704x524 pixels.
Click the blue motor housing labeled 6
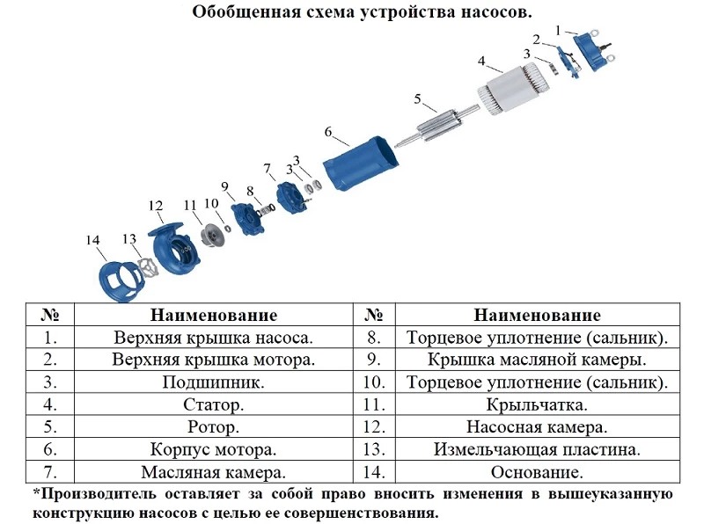click(x=362, y=164)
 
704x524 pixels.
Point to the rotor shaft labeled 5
click(x=437, y=125)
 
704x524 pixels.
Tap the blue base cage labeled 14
click(x=121, y=280)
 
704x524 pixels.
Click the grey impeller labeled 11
click(x=213, y=235)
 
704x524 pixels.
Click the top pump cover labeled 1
click(x=593, y=49)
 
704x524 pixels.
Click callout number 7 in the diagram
click(x=268, y=169)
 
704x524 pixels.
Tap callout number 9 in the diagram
click(x=224, y=186)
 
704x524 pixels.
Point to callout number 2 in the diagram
click(x=536, y=40)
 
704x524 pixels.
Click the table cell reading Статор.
click(x=213, y=404)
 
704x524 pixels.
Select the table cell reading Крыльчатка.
click(x=537, y=404)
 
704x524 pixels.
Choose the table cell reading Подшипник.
click(x=213, y=382)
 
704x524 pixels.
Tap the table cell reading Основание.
click(x=537, y=472)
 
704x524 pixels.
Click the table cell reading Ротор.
click(x=213, y=427)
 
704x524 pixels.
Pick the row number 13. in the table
click(x=374, y=449)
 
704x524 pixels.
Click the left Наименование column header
click(x=214, y=315)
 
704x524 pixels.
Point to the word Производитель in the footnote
click(x=99, y=494)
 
